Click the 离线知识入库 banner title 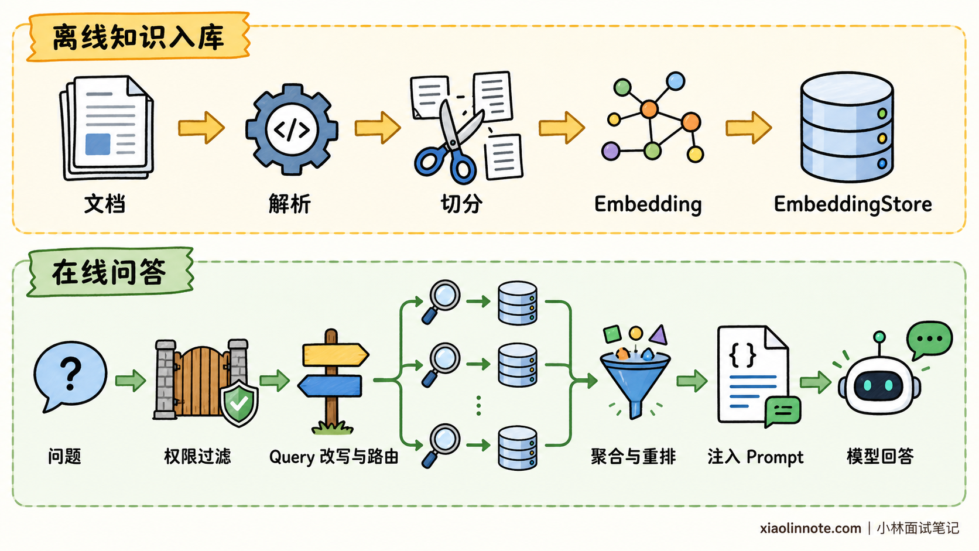click(138, 37)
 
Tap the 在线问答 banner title click(109, 273)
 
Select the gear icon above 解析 click(292, 129)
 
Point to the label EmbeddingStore click(853, 204)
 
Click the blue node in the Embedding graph click(676, 81)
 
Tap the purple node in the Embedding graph click(611, 151)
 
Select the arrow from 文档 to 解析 click(201, 128)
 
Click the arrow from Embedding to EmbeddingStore click(749, 128)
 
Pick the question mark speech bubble click(70, 376)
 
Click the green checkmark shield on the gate click(239, 402)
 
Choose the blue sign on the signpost click(330, 386)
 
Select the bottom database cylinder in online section click(518, 448)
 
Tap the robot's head click(879, 385)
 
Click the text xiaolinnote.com click(810, 528)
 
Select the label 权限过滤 click(197, 456)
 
